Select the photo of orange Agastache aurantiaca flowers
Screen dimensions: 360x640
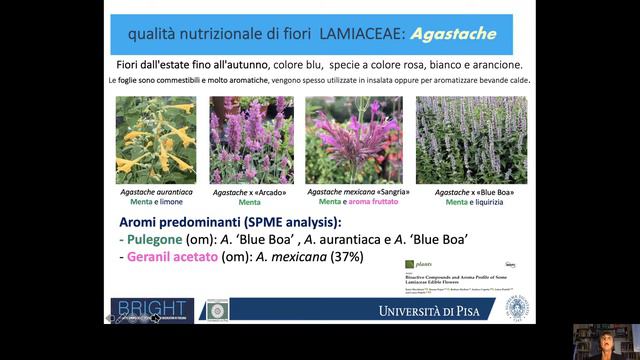point(154,140)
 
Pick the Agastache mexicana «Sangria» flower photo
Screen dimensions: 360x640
point(353,140)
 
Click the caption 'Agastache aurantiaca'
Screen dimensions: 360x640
point(155,192)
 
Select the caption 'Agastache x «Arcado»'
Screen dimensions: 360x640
point(250,192)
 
